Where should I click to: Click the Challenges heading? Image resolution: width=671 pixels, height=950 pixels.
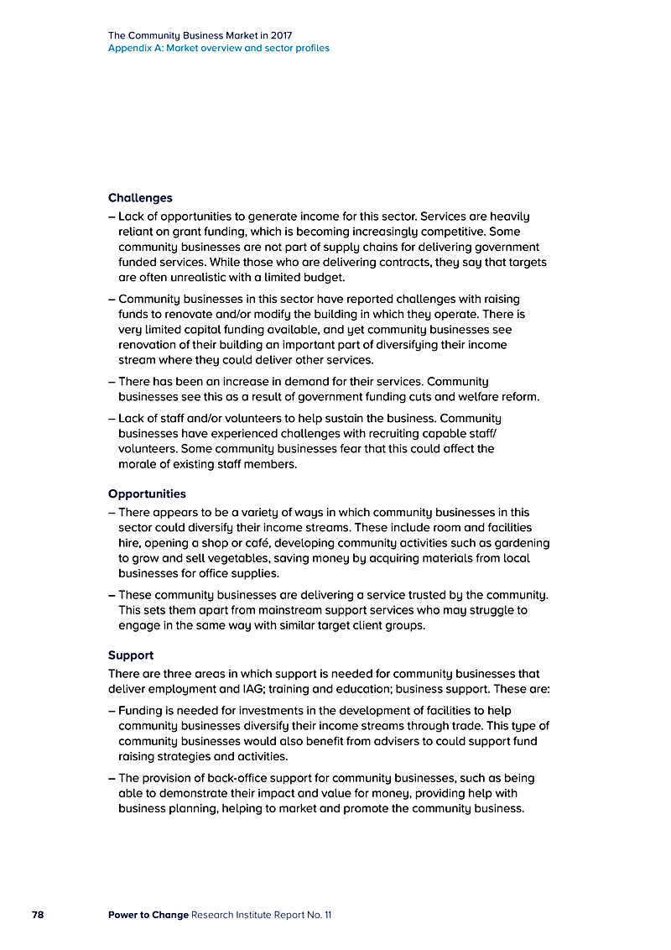(x=140, y=198)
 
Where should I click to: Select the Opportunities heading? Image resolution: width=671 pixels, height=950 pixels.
(x=147, y=493)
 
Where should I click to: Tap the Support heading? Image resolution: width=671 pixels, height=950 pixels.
(x=131, y=655)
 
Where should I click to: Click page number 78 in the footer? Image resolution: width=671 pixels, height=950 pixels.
(x=38, y=914)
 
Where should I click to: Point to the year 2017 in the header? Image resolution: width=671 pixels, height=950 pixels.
(x=282, y=36)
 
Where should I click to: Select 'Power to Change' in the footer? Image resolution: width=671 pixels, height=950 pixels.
(x=148, y=914)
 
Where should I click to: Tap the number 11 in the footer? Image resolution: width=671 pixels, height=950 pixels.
(x=327, y=914)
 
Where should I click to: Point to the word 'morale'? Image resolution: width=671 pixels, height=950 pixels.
(x=138, y=463)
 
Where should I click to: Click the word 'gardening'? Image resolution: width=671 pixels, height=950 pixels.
(x=521, y=542)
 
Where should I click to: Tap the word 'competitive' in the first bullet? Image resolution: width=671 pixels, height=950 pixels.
(x=445, y=231)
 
